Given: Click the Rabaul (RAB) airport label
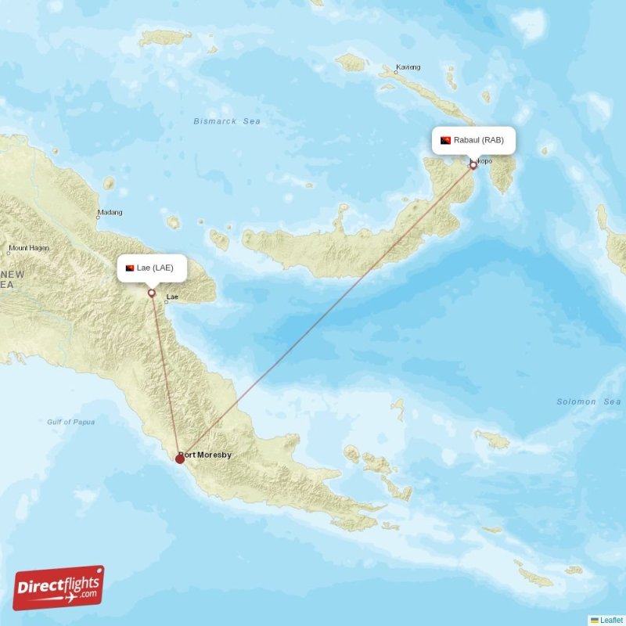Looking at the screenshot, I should point(481,140).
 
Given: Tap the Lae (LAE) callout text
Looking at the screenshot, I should point(155,268).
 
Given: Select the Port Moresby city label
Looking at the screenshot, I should point(206,455).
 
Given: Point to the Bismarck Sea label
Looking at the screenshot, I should point(227,121).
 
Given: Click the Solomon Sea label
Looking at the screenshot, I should point(588,401).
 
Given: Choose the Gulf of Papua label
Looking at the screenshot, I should point(71,422).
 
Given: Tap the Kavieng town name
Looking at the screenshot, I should point(408,67).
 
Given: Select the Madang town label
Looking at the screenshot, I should point(110,213).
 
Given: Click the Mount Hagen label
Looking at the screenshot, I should point(28,248).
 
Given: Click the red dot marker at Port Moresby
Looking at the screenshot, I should point(180,459).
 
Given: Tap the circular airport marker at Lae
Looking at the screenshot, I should point(151,293).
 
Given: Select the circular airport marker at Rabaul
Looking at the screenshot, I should point(473,165).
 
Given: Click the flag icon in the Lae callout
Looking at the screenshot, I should point(130,268).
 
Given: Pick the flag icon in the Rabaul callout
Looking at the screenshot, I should point(446,140).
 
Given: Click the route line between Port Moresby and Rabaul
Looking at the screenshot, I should point(329,310).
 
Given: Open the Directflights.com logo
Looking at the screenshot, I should point(59,588).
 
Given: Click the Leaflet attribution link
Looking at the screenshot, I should point(610,620).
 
